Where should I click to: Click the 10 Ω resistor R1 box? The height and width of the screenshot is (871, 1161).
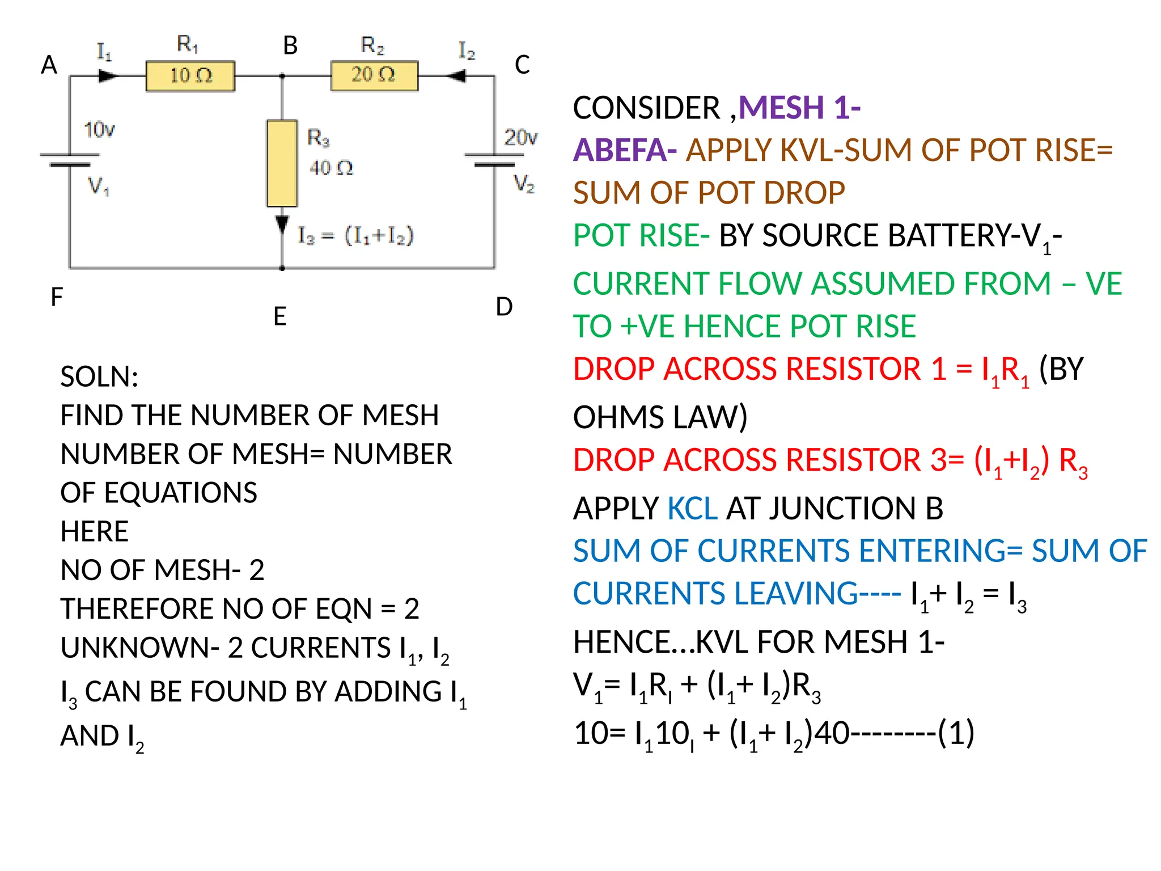(x=190, y=76)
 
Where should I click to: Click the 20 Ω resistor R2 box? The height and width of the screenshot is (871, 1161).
(x=374, y=75)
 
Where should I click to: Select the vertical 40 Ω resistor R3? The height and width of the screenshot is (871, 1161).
(x=282, y=163)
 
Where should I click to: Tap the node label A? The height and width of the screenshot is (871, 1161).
(x=49, y=65)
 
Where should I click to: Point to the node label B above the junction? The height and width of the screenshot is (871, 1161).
(x=290, y=45)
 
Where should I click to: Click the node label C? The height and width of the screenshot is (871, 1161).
(x=522, y=65)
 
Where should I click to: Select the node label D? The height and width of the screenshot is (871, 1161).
(x=504, y=307)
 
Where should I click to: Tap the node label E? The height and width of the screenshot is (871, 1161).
(x=279, y=316)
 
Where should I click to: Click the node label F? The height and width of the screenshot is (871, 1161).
(x=57, y=297)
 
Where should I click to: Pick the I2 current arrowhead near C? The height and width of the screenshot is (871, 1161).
(x=456, y=75)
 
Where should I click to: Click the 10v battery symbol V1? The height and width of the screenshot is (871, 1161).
(x=69, y=159)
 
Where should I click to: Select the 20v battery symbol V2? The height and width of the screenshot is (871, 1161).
(x=494, y=159)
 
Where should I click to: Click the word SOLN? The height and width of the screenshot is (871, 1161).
(x=99, y=377)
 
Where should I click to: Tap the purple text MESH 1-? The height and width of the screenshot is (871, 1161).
(x=799, y=107)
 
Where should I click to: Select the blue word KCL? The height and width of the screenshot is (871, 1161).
(x=692, y=508)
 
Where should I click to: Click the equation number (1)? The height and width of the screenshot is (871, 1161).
(x=956, y=733)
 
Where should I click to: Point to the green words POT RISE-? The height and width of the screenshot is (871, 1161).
(x=641, y=235)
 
